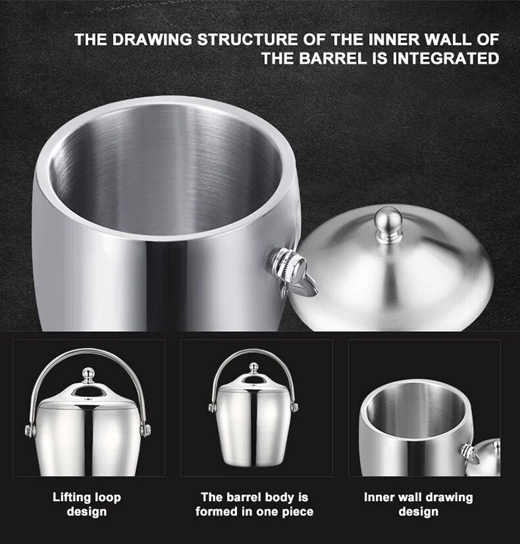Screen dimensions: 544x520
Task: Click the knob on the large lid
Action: click(386, 223)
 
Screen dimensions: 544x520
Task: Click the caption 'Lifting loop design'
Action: click(87, 504)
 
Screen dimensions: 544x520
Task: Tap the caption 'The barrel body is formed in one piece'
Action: click(254, 504)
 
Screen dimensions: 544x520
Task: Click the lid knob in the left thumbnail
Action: click(87, 376)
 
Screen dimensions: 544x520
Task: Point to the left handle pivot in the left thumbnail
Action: click(31, 430)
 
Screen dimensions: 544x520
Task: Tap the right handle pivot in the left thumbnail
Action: click(145, 430)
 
